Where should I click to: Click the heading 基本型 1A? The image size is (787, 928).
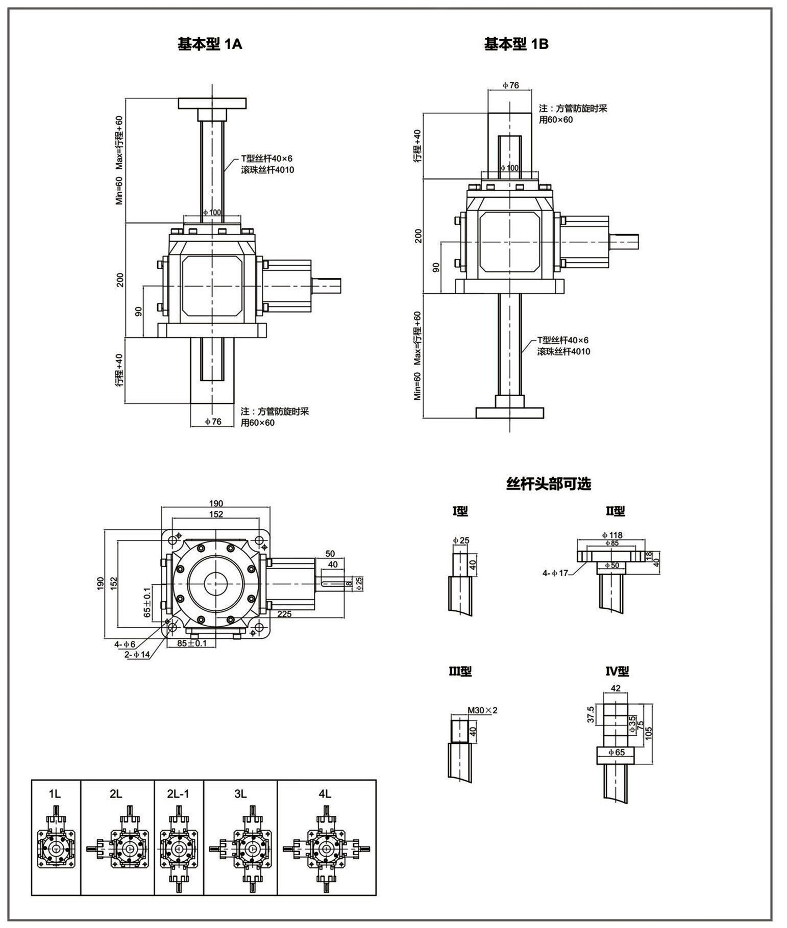[210, 44]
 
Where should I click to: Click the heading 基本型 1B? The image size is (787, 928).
[516, 44]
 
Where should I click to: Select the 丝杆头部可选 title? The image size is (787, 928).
[548, 483]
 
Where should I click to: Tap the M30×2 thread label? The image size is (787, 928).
[482, 710]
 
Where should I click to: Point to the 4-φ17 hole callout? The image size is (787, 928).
[556, 573]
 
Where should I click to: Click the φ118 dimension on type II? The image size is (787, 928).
[612, 535]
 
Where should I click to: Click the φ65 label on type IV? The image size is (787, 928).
[616, 752]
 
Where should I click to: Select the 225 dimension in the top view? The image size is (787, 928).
[284, 614]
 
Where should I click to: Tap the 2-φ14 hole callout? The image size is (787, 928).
[137, 655]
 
